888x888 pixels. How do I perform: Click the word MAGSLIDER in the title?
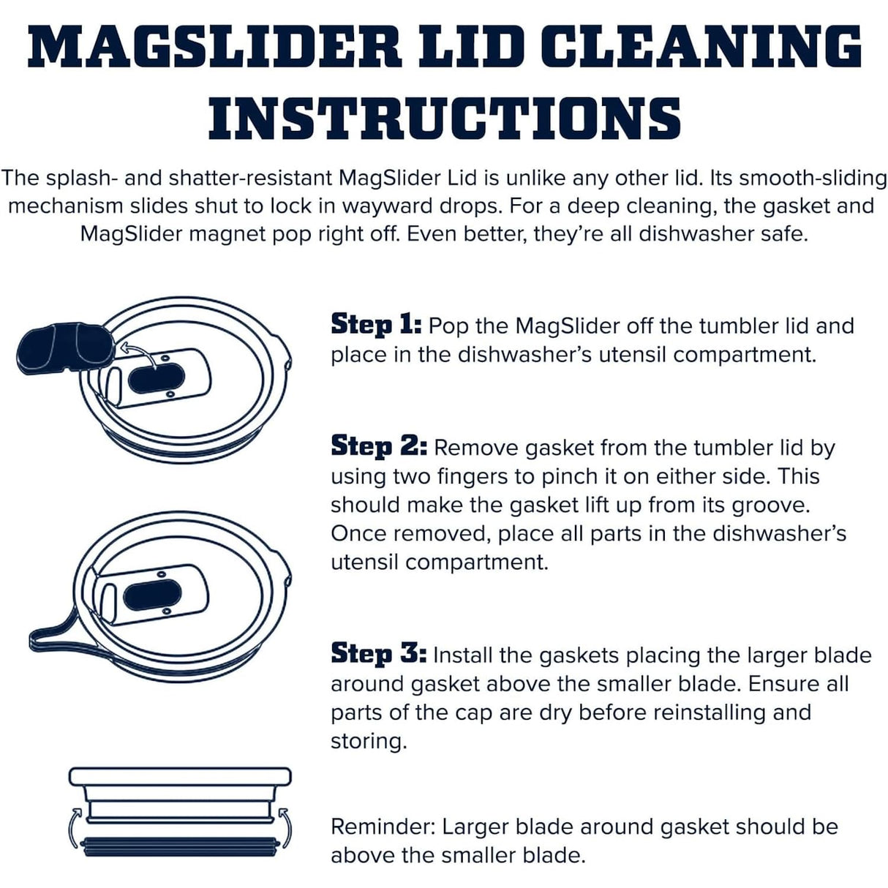pos(215,47)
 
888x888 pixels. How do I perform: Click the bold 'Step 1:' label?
pos(376,326)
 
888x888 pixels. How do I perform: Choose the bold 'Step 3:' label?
pos(379,655)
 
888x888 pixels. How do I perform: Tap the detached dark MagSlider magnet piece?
pos(65,348)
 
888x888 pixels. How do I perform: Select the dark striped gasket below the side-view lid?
pos(180,848)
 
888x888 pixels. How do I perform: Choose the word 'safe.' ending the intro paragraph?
pos(781,234)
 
